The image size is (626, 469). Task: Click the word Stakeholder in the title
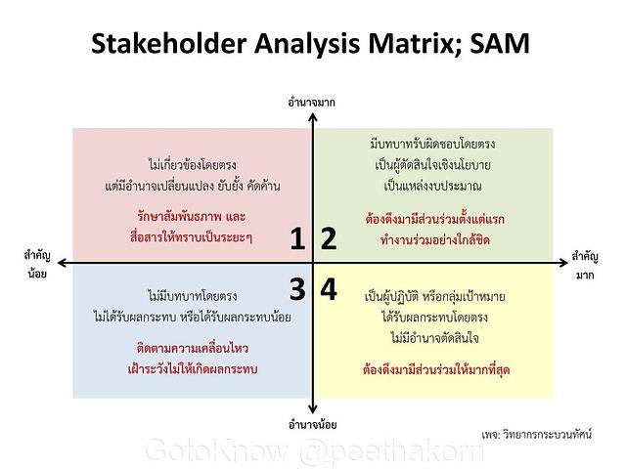tap(168, 43)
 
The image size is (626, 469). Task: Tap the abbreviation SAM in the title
tap(500, 43)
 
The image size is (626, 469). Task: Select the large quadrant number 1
tap(297, 238)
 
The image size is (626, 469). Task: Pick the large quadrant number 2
tap(329, 238)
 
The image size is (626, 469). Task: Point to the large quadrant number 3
tap(297, 289)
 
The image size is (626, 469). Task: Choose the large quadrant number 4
tap(329, 289)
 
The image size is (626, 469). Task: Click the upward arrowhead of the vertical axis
tap(313, 117)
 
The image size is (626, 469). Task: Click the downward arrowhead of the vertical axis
tap(313, 409)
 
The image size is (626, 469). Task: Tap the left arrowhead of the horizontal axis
tap(62, 263)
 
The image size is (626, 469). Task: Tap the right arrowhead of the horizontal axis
tap(563, 263)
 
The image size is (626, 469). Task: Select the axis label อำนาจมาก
tap(312, 103)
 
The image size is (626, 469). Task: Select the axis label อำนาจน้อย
tap(313, 425)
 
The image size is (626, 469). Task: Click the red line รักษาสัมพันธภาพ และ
tap(192, 217)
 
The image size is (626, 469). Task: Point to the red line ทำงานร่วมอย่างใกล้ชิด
tap(434, 240)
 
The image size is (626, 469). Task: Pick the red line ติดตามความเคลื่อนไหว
tap(193, 348)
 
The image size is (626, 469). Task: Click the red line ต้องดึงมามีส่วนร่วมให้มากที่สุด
tap(436, 369)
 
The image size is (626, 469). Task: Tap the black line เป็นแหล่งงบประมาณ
tap(432, 186)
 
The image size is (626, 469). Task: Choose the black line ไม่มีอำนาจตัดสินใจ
tap(434, 338)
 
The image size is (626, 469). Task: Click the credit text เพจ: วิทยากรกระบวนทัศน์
tap(536, 434)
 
